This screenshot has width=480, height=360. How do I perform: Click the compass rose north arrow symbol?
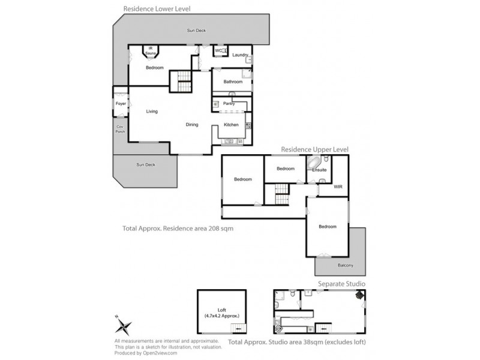click(x=124, y=327)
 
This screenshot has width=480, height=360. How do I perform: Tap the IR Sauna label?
click(x=150, y=51)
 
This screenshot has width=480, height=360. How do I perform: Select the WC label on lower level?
click(x=218, y=51)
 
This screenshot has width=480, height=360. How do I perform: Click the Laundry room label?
click(x=240, y=55)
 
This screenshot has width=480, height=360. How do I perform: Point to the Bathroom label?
click(x=233, y=82)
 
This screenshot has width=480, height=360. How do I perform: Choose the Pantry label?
click(x=229, y=104)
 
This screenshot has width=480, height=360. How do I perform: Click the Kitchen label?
click(x=231, y=125)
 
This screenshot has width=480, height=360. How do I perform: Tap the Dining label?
click(x=192, y=125)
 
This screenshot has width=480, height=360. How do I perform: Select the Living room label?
click(x=152, y=111)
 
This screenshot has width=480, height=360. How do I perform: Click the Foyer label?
click(x=121, y=104)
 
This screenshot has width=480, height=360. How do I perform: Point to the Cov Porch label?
click(x=120, y=128)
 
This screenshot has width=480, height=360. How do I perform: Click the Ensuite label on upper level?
click(x=319, y=170)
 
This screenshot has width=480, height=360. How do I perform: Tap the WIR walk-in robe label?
click(x=338, y=187)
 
